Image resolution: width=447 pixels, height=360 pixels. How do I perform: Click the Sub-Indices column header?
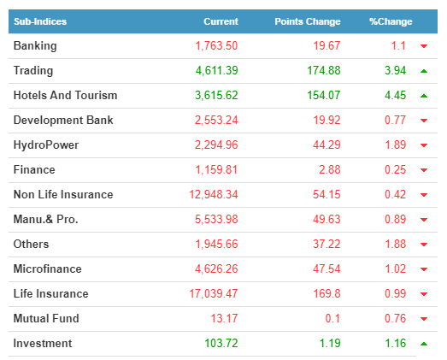pos(40,21)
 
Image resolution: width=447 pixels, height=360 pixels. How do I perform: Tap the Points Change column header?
pos(308,21)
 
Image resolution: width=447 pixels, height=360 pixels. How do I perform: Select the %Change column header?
pos(391,21)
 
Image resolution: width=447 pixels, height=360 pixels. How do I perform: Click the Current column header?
pos(221,21)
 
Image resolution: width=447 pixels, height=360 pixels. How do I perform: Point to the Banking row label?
pos(35,46)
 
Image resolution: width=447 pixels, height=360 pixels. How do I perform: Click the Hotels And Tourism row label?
pos(65,95)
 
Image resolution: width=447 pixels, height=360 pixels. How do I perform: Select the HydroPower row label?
pos(46,145)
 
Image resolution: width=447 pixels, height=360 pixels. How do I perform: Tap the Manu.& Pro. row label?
pos(45,220)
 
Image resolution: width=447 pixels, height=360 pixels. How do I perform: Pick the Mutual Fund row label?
pos(46,318)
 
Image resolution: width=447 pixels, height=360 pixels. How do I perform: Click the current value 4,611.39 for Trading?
pos(216,71)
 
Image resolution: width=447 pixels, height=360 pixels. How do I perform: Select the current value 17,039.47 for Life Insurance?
pos(214,294)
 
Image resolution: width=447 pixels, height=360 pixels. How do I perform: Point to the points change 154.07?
pos(324,95)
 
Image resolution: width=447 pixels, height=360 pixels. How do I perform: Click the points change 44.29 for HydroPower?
pos(326,145)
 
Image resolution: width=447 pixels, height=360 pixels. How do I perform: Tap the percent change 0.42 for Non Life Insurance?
pos(395,195)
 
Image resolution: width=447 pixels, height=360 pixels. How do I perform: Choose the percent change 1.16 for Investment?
pos(395,343)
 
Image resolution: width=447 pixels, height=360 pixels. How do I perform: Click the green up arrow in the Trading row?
pos(424,71)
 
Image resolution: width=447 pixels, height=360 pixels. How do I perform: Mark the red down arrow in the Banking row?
pos(424,46)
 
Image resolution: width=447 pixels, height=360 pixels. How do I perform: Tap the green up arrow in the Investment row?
pos(424,344)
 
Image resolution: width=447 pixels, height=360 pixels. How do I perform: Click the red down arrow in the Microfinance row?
pos(424,269)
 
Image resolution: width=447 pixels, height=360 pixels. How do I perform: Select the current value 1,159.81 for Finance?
pos(216,169)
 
